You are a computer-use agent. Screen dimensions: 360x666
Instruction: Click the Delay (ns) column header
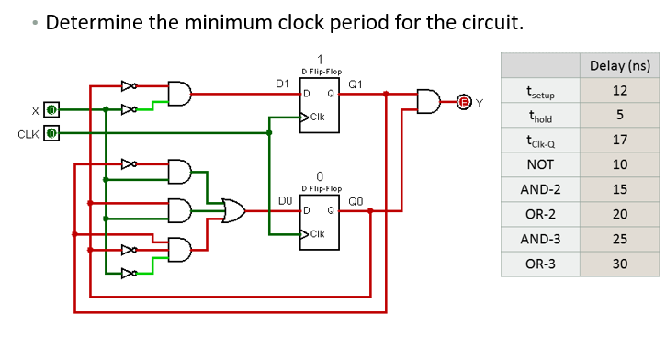tap(621, 65)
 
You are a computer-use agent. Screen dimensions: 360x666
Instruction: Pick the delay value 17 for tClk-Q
tap(620, 140)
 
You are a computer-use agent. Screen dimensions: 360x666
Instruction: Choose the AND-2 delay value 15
tap(620, 189)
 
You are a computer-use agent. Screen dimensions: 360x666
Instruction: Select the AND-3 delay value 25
tap(620, 239)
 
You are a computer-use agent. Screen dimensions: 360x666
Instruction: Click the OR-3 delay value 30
tap(620, 264)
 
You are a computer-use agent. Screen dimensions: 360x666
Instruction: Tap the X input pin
tap(52, 110)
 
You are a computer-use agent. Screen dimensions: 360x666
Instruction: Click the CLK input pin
tap(52, 134)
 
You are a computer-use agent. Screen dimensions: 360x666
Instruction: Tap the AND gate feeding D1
tap(180, 93)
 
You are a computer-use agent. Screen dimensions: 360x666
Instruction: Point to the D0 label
tap(284, 199)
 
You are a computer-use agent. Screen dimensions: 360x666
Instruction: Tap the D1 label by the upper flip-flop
tap(284, 84)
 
